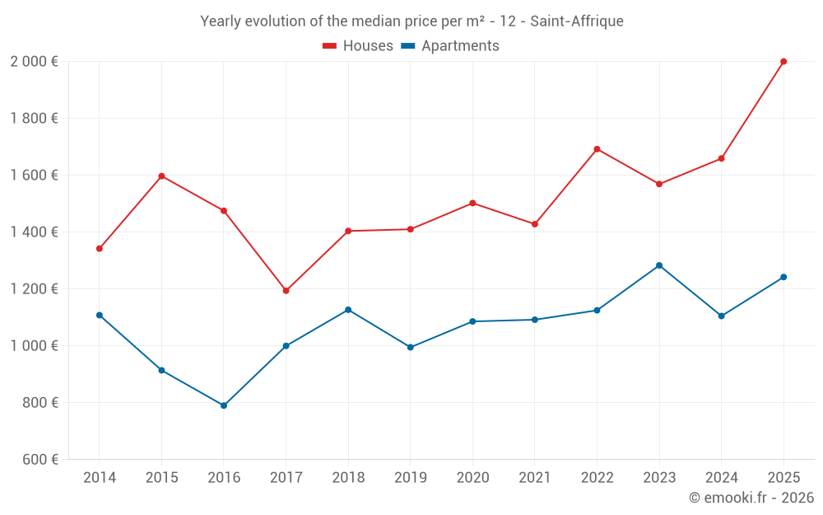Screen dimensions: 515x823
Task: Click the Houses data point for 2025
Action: click(x=783, y=62)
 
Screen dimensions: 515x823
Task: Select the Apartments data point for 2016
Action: click(x=224, y=405)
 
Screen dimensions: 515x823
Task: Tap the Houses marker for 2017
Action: click(x=286, y=291)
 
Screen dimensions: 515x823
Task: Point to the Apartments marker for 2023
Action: click(x=659, y=265)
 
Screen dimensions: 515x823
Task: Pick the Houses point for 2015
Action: click(x=161, y=176)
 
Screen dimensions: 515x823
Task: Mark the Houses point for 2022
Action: click(x=597, y=149)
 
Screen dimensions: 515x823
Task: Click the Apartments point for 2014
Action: click(x=100, y=315)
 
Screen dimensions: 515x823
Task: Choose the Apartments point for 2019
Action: click(x=411, y=347)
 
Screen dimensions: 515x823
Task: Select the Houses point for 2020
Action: click(x=472, y=203)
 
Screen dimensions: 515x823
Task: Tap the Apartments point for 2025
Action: click(x=783, y=277)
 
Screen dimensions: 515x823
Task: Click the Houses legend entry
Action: click(x=358, y=46)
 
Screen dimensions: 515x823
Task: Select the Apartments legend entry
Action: click(x=450, y=46)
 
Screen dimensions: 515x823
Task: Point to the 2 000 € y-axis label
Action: click(x=34, y=62)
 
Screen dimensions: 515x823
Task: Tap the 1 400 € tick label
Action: click(x=34, y=232)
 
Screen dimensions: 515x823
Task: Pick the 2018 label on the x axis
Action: click(x=348, y=478)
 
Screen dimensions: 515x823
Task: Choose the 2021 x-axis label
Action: click(x=535, y=478)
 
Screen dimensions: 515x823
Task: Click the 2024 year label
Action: click(x=721, y=478)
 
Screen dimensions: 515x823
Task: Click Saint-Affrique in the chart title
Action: click(x=576, y=21)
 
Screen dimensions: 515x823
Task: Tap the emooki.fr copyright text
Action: click(x=751, y=498)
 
